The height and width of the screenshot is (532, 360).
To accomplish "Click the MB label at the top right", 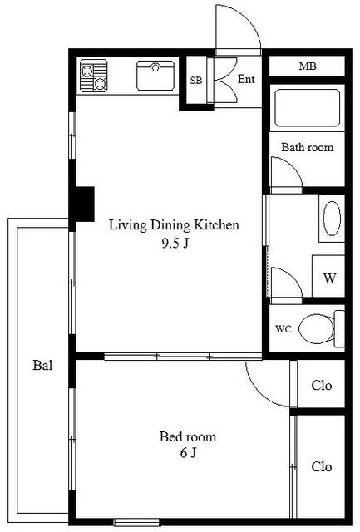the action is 308,66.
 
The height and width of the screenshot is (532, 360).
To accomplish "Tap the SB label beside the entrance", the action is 195,81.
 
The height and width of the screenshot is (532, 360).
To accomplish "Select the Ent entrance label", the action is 246,79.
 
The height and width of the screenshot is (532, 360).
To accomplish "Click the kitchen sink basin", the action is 155,76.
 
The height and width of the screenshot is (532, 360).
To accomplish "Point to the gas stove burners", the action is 94,76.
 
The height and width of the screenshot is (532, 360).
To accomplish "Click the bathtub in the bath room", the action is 307,108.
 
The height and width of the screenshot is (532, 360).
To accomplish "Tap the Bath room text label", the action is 307,147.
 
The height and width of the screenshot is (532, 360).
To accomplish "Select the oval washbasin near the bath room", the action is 332,218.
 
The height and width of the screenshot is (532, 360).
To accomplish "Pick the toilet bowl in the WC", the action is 316,329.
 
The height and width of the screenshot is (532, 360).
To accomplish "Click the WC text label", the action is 283,329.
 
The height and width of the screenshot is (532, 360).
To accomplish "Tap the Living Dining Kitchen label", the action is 174,225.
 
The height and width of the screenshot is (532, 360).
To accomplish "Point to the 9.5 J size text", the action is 175,243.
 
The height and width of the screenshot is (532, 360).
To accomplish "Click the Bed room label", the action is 188,436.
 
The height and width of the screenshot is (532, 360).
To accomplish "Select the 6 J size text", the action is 188,452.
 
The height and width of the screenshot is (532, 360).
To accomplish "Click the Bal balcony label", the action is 42,365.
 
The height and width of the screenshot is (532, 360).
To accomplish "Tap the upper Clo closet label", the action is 321,385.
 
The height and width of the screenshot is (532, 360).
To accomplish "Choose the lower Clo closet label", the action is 321,467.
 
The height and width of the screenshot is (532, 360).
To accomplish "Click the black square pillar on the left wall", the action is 81,204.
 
